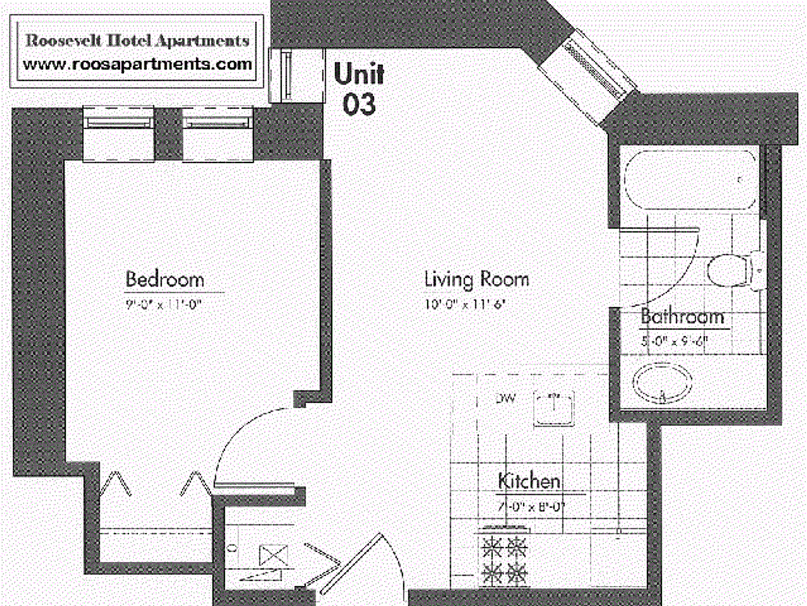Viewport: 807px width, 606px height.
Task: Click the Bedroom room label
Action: tap(164, 279)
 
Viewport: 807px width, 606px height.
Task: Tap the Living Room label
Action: tap(476, 279)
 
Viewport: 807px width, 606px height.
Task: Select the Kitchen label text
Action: tap(529, 481)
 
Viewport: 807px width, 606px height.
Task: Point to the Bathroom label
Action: tap(682, 316)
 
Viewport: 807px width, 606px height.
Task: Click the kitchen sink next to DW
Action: tap(554, 407)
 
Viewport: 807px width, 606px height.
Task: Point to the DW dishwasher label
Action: tap(505, 398)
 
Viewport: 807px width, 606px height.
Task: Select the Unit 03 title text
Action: tap(359, 89)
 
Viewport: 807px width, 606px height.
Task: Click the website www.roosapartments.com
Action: tap(138, 64)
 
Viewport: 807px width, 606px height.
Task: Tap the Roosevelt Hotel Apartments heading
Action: tap(138, 41)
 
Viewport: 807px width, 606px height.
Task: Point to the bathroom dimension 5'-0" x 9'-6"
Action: tap(674, 342)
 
